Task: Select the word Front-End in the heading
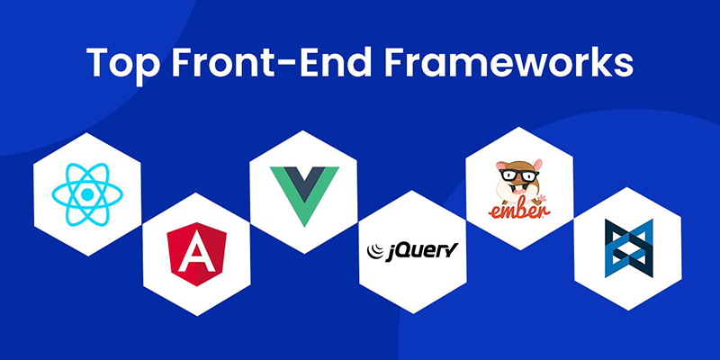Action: click(x=278, y=64)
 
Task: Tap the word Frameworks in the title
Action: click(x=516, y=64)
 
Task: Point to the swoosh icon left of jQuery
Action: click(x=374, y=247)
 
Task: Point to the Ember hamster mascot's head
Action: click(x=518, y=176)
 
